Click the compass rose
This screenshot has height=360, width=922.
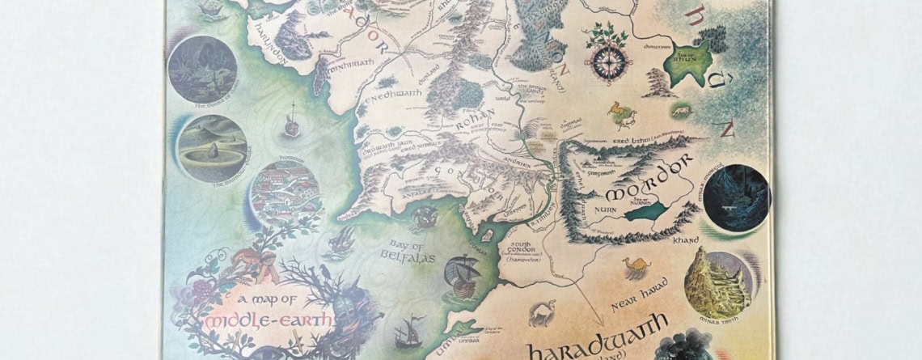(x=606, y=61)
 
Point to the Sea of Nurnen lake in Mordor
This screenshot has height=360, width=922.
(x=645, y=211)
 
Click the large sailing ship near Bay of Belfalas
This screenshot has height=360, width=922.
(x=460, y=274)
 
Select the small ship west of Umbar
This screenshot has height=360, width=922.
(x=408, y=332)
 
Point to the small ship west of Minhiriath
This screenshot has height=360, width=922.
(x=290, y=126)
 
